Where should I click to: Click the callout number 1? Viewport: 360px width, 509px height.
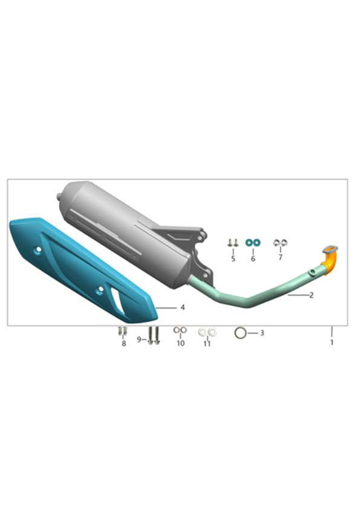(332, 342)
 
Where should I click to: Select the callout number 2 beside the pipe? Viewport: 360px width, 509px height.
(312, 295)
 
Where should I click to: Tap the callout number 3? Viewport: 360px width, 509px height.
(262, 333)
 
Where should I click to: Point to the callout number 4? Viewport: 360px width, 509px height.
(183, 307)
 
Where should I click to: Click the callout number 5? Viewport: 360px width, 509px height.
(233, 258)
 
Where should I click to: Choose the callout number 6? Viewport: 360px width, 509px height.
(253, 258)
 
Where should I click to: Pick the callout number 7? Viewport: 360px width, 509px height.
(281, 257)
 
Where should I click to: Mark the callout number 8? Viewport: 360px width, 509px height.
(123, 343)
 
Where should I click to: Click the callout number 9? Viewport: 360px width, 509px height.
(139, 339)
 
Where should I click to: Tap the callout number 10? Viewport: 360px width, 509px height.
(180, 343)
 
